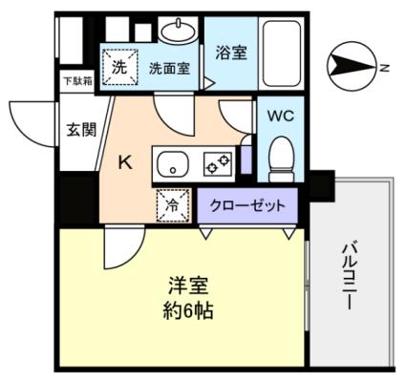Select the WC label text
point(281,117)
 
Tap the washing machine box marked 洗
point(120,67)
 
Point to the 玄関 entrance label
point(81,130)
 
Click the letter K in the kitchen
point(125,162)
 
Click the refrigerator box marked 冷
point(171,203)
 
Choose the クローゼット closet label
point(246,203)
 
